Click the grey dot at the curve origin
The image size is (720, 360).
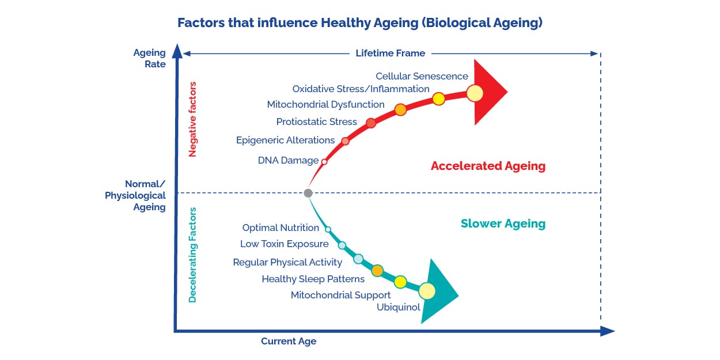(308, 193)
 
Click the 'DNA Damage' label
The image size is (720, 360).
(288, 160)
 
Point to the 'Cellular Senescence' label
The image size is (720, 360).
(422, 76)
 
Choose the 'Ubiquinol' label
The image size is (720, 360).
(398, 307)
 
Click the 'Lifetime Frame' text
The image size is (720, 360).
(390, 53)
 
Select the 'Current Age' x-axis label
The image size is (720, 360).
(289, 342)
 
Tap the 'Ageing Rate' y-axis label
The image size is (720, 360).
(149, 58)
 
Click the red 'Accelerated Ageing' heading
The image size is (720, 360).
(488, 166)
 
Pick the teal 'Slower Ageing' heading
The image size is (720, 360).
(503, 223)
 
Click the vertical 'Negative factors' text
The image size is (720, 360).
(192, 119)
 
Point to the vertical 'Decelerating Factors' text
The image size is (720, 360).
(192, 255)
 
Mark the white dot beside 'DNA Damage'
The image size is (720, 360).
(324, 162)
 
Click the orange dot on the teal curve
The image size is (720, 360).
(377, 271)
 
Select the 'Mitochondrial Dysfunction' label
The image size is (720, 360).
(325, 104)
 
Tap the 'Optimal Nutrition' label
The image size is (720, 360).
(281, 228)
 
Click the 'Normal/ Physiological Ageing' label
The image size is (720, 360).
(135, 195)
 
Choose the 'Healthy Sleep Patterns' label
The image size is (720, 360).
(313, 279)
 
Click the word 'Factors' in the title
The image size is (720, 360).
(201, 23)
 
